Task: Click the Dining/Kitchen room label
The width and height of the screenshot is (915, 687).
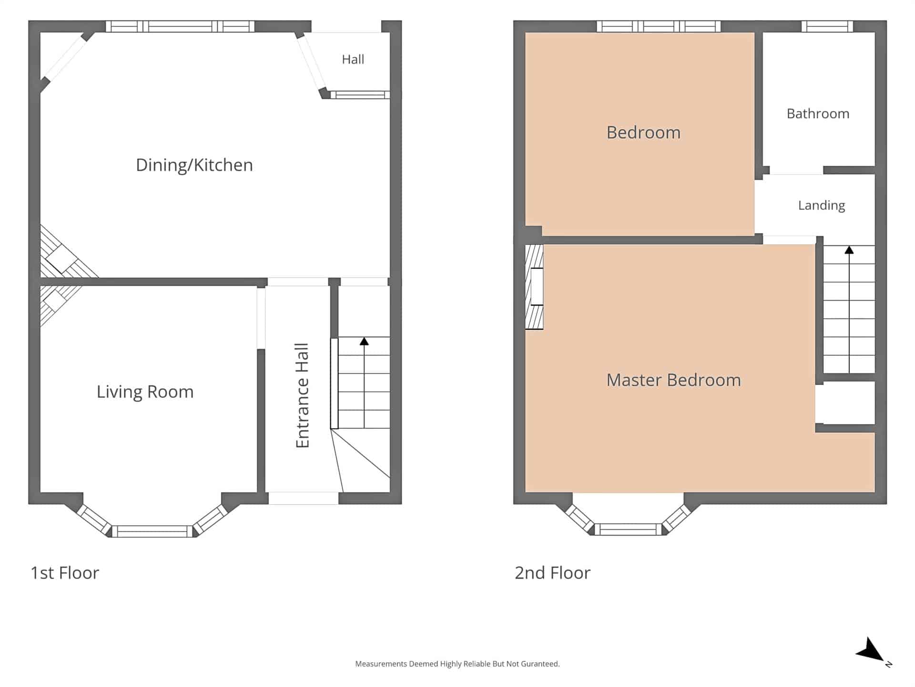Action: tap(194, 165)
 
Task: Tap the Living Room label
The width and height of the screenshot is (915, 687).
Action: tap(145, 392)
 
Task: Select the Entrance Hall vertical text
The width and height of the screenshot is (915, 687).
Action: tap(303, 396)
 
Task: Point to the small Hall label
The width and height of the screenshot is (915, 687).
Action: tap(353, 59)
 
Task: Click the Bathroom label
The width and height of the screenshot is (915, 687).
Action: tap(818, 114)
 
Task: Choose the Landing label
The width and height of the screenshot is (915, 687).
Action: tap(822, 205)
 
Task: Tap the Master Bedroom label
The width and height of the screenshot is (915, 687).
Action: tap(674, 380)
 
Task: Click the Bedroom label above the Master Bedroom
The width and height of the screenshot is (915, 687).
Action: tap(643, 133)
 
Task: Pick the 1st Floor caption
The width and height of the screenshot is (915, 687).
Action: tap(65, 572)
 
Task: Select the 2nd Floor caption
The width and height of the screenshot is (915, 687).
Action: tap(552, 572)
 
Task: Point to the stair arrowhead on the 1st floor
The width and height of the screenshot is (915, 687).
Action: tap(364, 341)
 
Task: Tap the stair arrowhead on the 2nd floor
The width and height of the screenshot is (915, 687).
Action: tap(849, 250)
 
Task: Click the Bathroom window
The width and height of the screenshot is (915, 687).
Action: tap(827, 26)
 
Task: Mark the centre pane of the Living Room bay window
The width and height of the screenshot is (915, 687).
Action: tap(152, 531)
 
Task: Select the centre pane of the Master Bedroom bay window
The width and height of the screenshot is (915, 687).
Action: tap(628, 529)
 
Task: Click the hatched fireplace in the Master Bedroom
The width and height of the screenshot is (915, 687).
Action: tap(534, 287)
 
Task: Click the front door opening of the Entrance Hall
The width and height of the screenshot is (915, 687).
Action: tap(304, 498)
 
